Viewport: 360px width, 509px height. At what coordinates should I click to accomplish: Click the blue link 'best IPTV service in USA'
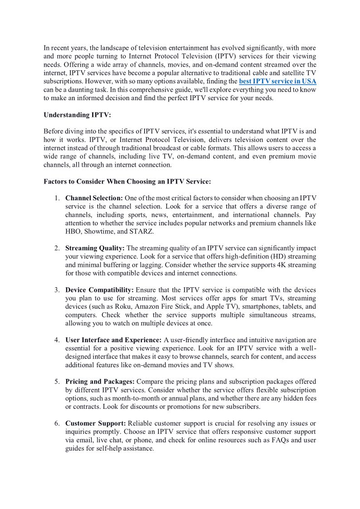pyautogui.click(x=277, y=81)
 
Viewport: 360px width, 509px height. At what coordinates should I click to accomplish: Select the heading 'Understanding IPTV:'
pyautogui.click(x=77, y=115)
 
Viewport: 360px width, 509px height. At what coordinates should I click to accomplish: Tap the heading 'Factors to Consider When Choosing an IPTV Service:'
pyautogui.click(x=127, y=182)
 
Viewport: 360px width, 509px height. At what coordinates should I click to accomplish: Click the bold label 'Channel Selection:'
pyautogui.click(x=94, y=198)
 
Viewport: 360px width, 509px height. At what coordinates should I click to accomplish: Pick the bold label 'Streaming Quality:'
pyautogui.click(x=95, y=248)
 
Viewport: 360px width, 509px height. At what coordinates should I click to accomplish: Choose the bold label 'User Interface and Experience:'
pyautogui.click(x=113, y=340)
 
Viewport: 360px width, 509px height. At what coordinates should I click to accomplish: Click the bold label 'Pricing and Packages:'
pyautogui.click(x=100, y=382)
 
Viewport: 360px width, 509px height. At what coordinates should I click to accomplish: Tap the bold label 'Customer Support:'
pyautogui.click(x=96, y=423)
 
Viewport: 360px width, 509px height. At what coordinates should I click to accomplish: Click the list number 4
pyautogui.click(x=57, y=340)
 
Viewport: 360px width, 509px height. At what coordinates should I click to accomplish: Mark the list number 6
pyautogui.click(x=57, y=423)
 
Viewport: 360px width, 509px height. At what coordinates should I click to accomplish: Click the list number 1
pyautogui.click(x=57, y=198)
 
